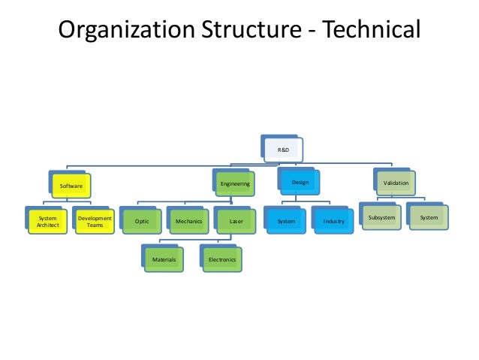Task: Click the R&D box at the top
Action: point(284,150)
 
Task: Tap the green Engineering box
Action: point(235,183)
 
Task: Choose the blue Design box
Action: point(300,183)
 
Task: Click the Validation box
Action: point(396,183)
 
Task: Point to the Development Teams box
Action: point(95,222)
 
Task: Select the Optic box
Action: point(141,222)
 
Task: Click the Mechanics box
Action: point(188,222)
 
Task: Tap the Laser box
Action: point(235,222)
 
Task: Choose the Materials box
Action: point(164,259)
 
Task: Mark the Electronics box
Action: point(223,259)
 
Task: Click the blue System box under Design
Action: point(287,222)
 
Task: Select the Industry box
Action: point(334,222)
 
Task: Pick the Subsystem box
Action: point(381,218)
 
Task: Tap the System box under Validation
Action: point(429,218)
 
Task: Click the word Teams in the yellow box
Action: point(95,225)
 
